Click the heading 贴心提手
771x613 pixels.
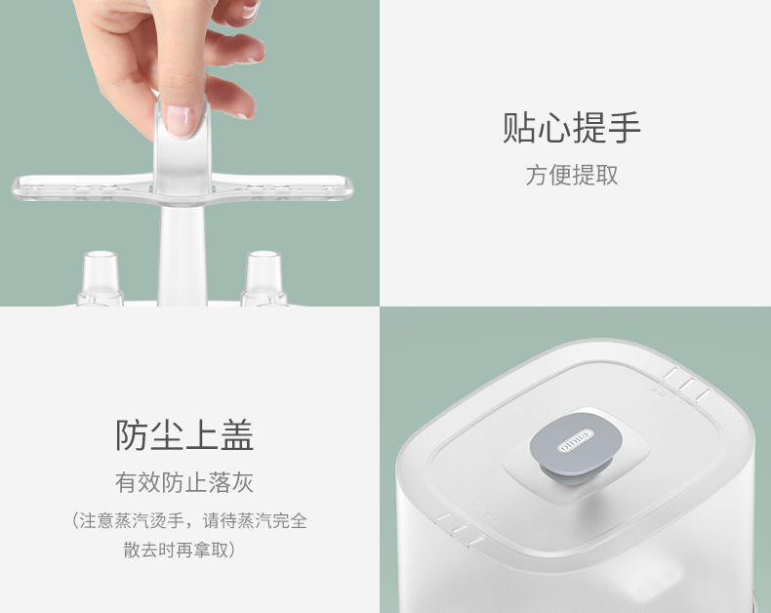(x=571, y=128)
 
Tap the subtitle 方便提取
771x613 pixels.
(x=572, y=175)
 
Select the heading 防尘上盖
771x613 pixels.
(x=184, y=435)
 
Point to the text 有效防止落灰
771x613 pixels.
(x=184, y=482)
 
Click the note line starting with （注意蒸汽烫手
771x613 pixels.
(x=189, y=520)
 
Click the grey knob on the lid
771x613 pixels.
(x=576, y=452)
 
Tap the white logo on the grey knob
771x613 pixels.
(x=576, y=441)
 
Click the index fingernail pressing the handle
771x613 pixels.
(x=181, y=120)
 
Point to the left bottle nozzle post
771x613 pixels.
(x=101, y=277)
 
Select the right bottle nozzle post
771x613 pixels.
(x=264, y=277)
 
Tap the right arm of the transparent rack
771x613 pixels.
(x=283, y=187)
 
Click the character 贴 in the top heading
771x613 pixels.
(x=519, y=128)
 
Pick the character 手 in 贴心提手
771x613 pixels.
(x=625, y=128)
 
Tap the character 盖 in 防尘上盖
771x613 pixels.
(x=237, y=435)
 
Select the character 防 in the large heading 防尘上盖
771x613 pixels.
(x=132, y=435)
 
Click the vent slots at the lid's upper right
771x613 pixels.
(x=687, y=385)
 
